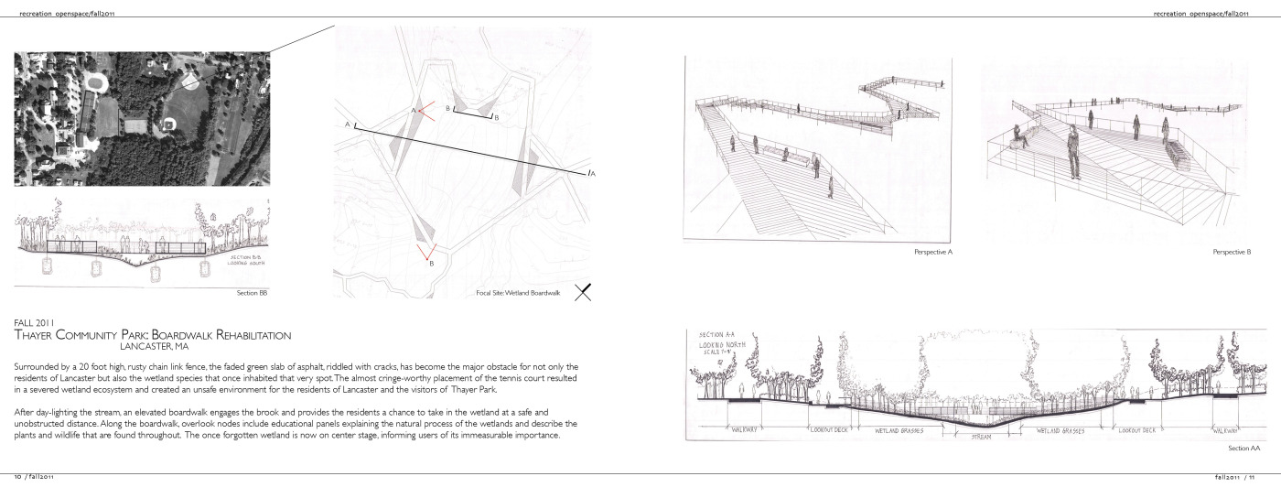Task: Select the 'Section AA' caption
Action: coord(1244,449)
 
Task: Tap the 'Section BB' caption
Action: coord(252,293)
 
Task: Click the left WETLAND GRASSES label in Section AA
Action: coord(899,429)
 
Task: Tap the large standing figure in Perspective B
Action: coord(1072,152)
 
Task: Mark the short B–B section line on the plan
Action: coord(473,115)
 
